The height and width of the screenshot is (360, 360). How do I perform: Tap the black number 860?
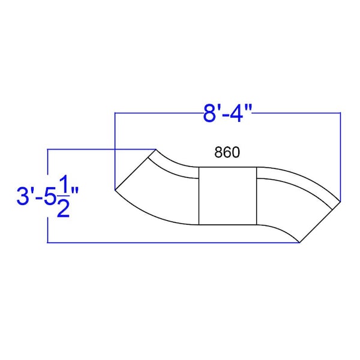[x=227, y=152]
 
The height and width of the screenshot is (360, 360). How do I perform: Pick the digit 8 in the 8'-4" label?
[x=209, y=113]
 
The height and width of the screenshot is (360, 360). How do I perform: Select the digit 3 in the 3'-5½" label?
[x=23, y=196]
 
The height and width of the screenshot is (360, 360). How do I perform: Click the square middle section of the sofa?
[x=227, y=196]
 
